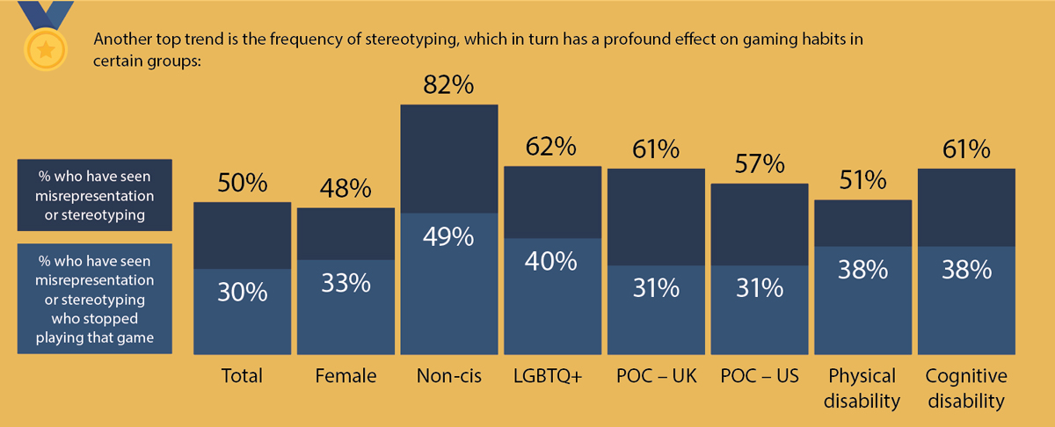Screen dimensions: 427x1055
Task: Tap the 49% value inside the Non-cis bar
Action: (x=449, y=236)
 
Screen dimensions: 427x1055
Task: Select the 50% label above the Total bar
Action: (x=242, y=185)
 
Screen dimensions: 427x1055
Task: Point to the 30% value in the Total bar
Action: (x=242, y=293)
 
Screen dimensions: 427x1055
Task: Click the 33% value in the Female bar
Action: (x=346, y=284)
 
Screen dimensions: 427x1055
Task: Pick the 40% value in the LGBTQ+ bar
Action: (x=553, y=261)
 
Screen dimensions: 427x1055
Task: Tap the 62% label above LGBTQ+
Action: (x=553, y=145)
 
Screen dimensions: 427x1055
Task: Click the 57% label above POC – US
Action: (x=760, y=164)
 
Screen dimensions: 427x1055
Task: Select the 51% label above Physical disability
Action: (x=863, y=181)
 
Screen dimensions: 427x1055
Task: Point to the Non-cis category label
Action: (x=449, y=376)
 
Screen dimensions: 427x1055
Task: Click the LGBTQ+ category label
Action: (x=553, y=376)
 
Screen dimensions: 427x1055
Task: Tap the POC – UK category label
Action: (x=657, y=376)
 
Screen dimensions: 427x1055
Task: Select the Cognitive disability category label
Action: (x=966, y=388)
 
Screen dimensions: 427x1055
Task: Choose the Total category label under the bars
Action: (x=242, y=376)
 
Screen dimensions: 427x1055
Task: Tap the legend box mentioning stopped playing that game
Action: (x=95, y=299)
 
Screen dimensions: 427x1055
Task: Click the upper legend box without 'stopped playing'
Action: (x=95, y=194)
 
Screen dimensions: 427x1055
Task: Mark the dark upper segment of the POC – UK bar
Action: (x=657, y=216)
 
